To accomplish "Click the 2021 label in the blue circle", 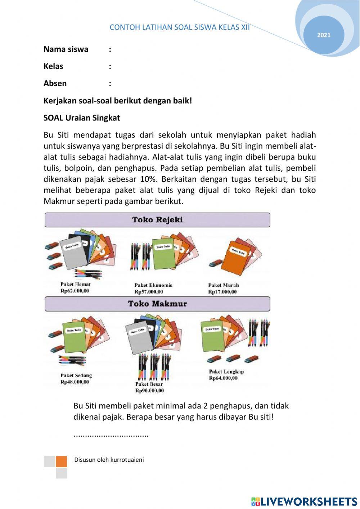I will pyautogui.click(x=324, y=35).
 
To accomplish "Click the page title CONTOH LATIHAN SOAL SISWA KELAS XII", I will pyautogui.click(x=179, y=27).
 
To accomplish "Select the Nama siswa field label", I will pyautogui.click(x=66, y=49).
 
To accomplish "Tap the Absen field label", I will pyautogui.click(x=55, y=84).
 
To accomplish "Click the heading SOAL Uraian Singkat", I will pyautogui.click(x=82, y=118).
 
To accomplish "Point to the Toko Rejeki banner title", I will pyautogui.click(x=157, y=220).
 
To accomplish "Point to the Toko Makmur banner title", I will pyautogui.click(x=157, y=304).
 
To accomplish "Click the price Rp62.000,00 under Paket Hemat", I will pyautogui.click(x=75, y=291).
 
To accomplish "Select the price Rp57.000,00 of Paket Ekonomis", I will pyautogui.click(x=149, y=292).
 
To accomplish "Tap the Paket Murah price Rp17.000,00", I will pyautogui.click(x=222, y=292).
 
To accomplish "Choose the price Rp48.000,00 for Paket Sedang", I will pyautogui.click(x=75, y=382).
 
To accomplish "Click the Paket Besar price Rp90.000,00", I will pyautogui.click(x=149, y=390).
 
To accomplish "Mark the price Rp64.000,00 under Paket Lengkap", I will pyautogui.click(x=223, y=378).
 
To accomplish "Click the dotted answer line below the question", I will pyautogui.click(x=111, y=435).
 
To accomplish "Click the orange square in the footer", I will pyautogui.click(x=61, y=461).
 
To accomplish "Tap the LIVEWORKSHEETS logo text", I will pyautogui.click(x=309, y=501).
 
